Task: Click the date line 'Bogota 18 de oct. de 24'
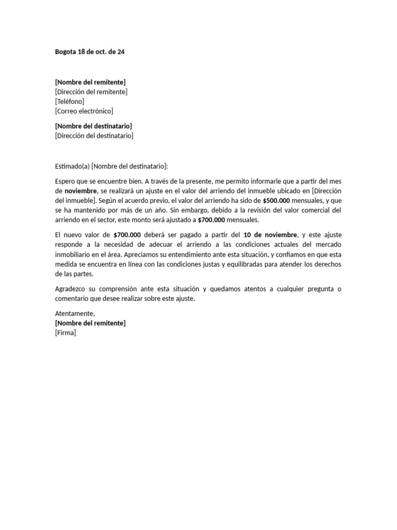[x=89, y=52]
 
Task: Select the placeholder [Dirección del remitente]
[x=91, y=92]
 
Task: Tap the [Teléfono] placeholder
[x=69, y=101]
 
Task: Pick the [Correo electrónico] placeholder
[x=84, y=111]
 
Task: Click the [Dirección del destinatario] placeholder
[x=94, y=136]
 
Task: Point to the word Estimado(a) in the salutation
[x=72, y=166]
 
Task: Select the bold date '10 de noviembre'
[x=270, y=235]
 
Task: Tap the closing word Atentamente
[x=75, y=314]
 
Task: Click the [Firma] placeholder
[x=65, y=333]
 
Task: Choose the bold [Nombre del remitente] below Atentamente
[x=90, y=323]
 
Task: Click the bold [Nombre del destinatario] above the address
[x=93, y=126]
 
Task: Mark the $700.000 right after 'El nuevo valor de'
[x=127, y=235]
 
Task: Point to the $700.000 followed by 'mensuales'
[x=211, y=220]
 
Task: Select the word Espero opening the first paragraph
[x=65, y=181]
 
